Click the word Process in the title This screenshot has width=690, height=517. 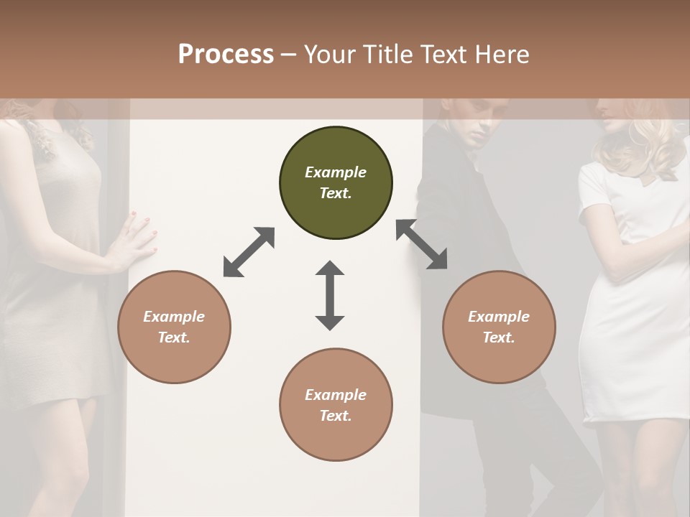click(226, 55)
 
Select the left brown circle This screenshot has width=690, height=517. click(174, 327)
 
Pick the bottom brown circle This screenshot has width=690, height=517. click(336, 404)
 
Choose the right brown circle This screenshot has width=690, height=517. click(499, 327)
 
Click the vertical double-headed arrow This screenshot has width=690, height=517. click(330, 295)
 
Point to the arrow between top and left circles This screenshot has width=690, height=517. click(249, 252)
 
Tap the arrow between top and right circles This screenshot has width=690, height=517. click(422, 244)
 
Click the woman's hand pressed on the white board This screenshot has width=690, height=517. click(137, 241)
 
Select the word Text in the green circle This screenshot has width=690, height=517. click(335, 193)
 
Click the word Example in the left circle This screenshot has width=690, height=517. click(174, 317)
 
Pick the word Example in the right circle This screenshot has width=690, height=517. click(499, 317)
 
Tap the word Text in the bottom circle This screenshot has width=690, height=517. click(335, 416)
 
